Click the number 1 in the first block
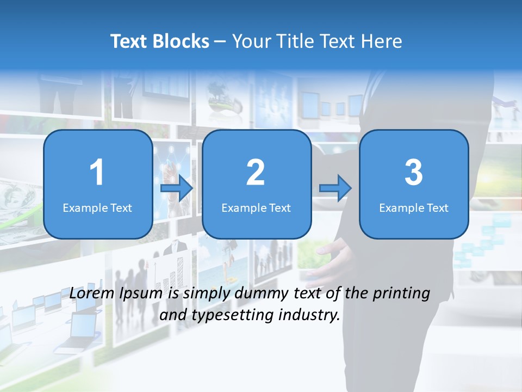(x=97, y=173)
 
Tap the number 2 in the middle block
(x=256, y=173)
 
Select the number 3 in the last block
(x=414, y=173)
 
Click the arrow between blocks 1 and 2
(x=177, y=188)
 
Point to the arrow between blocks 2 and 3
(x=335, y=188)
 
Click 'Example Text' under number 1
(x=97, y=207)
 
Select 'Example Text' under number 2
(x=256, y=207)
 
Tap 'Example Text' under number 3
(x=414, y=207)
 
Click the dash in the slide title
(x=221, y=42)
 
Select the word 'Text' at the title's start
(x=130, y=41)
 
